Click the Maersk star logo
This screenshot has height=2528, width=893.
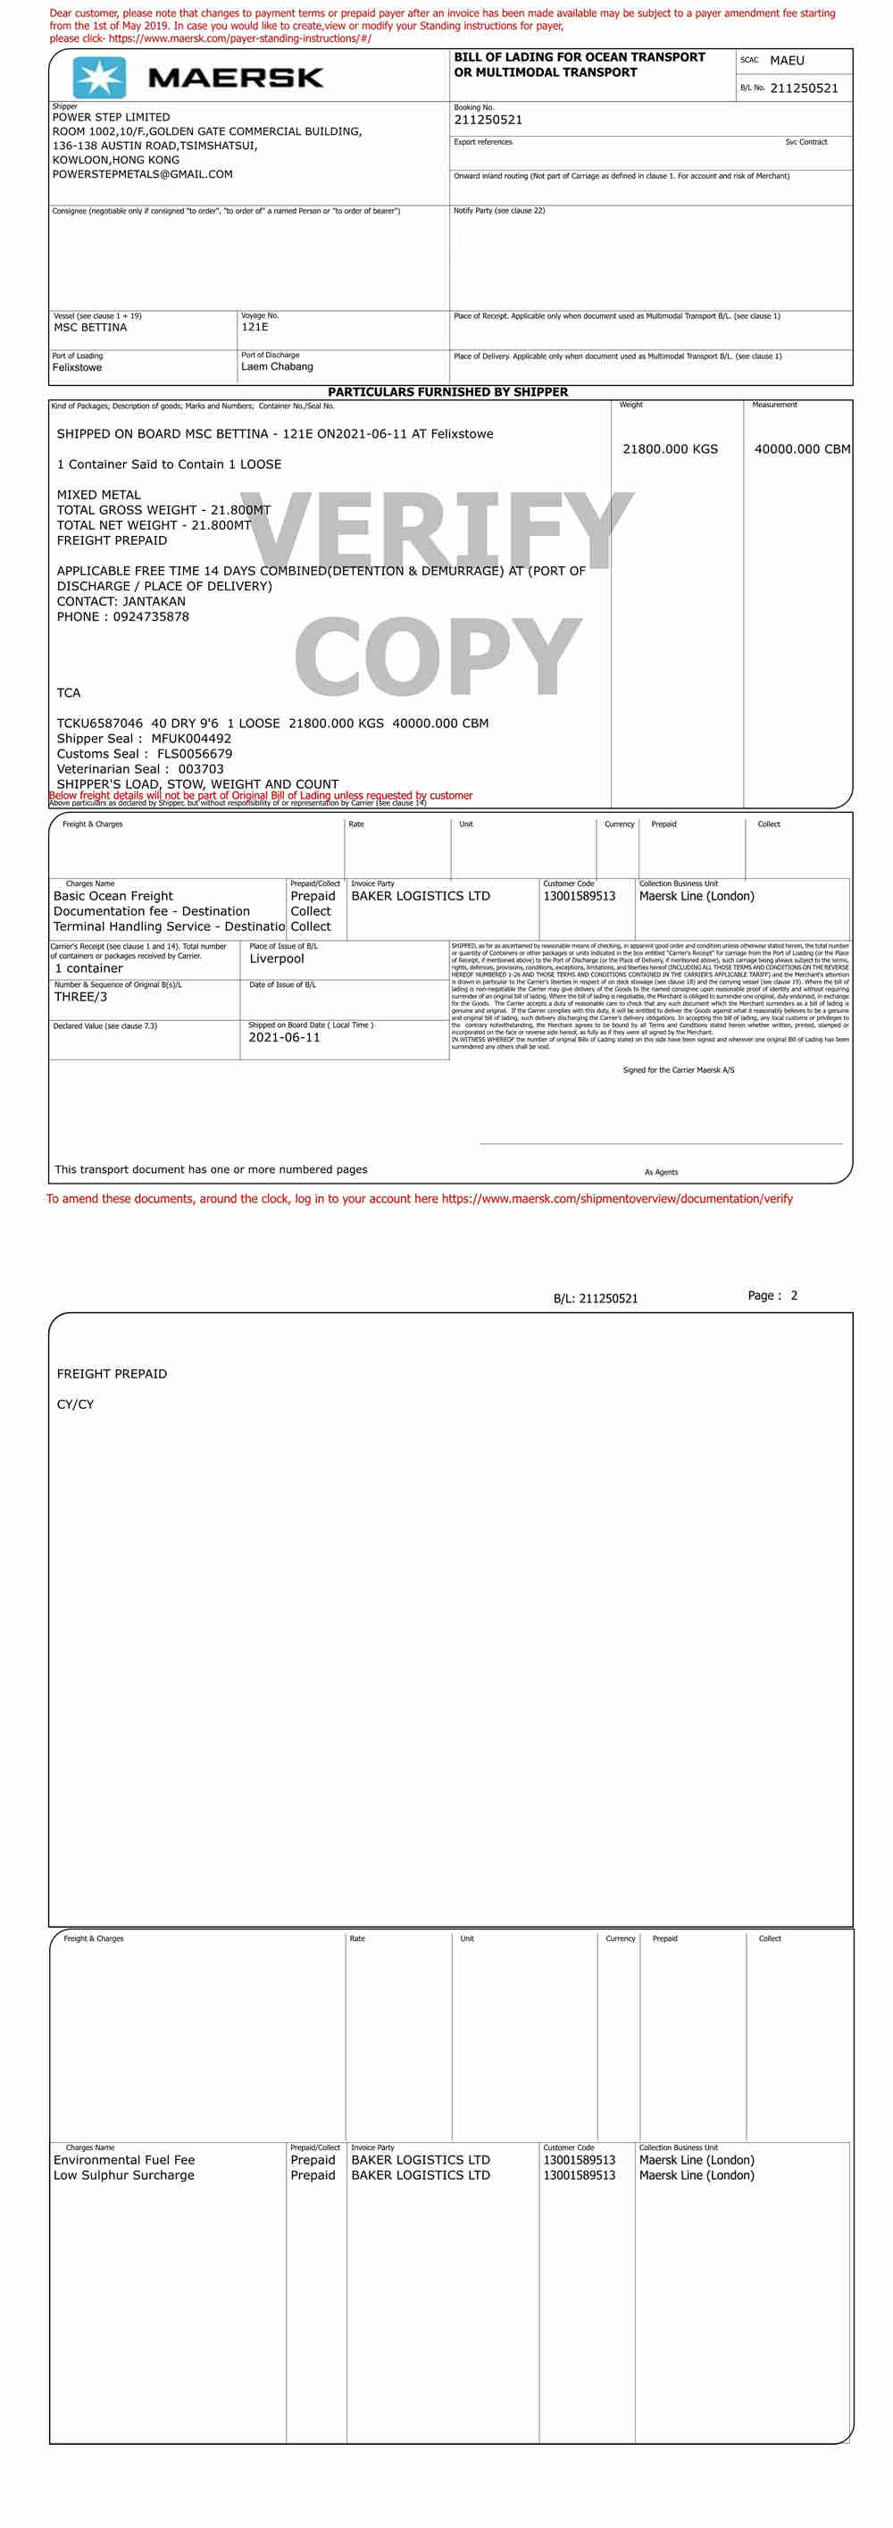(x=99, y=78)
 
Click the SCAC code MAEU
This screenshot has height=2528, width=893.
(x=786, y=61)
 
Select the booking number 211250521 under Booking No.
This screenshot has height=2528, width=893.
(x=488, y=121)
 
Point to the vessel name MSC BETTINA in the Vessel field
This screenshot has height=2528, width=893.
(x=90, y=328)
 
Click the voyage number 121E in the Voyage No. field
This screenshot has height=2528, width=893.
(x=255, y=328)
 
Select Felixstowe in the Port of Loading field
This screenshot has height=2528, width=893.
(x=78, y=368)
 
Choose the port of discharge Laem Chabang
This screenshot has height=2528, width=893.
(x=277, y=367)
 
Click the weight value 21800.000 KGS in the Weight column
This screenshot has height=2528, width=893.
(x=671, y=449)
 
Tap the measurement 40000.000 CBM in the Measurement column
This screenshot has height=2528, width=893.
(x=802, y=449)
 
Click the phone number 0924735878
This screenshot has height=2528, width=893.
(x=151, y=617)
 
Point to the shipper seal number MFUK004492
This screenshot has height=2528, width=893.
(x=191, y=739)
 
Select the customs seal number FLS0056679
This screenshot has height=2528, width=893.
(x=195, y=755)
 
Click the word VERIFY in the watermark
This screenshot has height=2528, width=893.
(x=437, y=530)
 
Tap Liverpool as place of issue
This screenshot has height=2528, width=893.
(x=277, y=958)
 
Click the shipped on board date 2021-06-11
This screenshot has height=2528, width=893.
(x=285, y=1037)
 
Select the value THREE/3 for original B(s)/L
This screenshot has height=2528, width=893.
(x=80, y=997)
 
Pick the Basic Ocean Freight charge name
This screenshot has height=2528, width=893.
(x=113, y=896)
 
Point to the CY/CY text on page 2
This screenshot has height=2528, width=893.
(x=76, y=1404)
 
